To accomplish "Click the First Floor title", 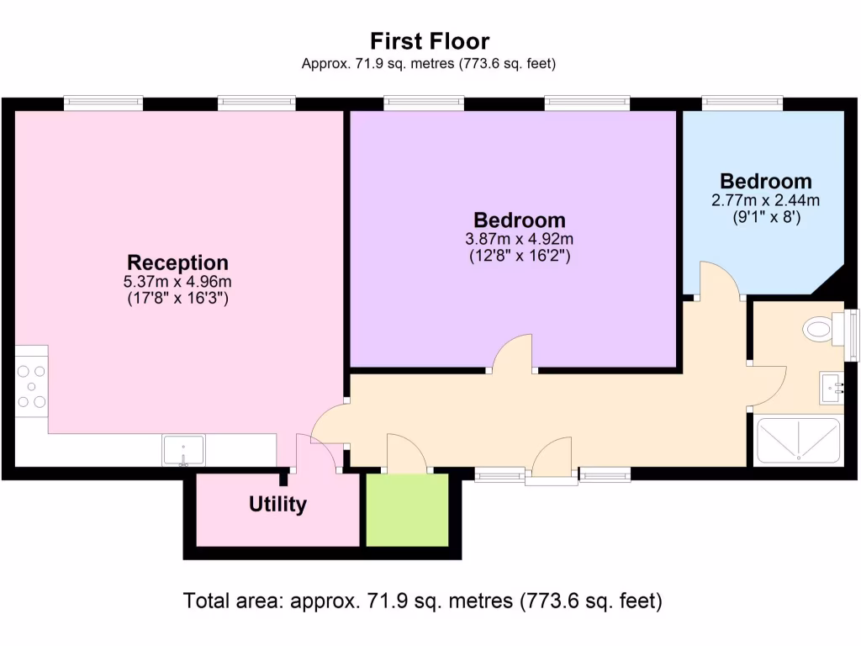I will click(430, 40).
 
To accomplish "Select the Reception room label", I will click(177, 262).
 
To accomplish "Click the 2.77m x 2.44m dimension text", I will click(765, 199).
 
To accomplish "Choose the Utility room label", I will click(277, 505).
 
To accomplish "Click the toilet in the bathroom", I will click(819, 329).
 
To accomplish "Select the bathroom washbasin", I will click(831, 388).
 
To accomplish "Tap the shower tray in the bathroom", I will click(798, 441).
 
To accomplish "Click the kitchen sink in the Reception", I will click(183, 449).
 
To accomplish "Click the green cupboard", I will click(407, 510).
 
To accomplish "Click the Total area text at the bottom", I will click(423, 601).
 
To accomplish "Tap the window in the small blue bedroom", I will click(742, 103).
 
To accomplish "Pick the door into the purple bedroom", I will click(512, 353).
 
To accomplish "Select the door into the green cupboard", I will click(407, 454).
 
